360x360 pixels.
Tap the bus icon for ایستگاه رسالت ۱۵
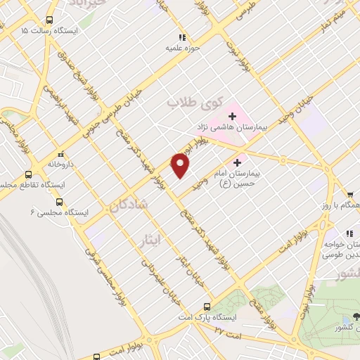[49, 20]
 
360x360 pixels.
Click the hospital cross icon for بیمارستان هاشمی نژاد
[232, 115]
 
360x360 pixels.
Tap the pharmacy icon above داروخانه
[60, 153]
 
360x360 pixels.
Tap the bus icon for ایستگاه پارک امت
[207, 307]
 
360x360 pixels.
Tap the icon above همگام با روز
[349, 194]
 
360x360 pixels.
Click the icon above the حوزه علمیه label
[181, 37]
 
